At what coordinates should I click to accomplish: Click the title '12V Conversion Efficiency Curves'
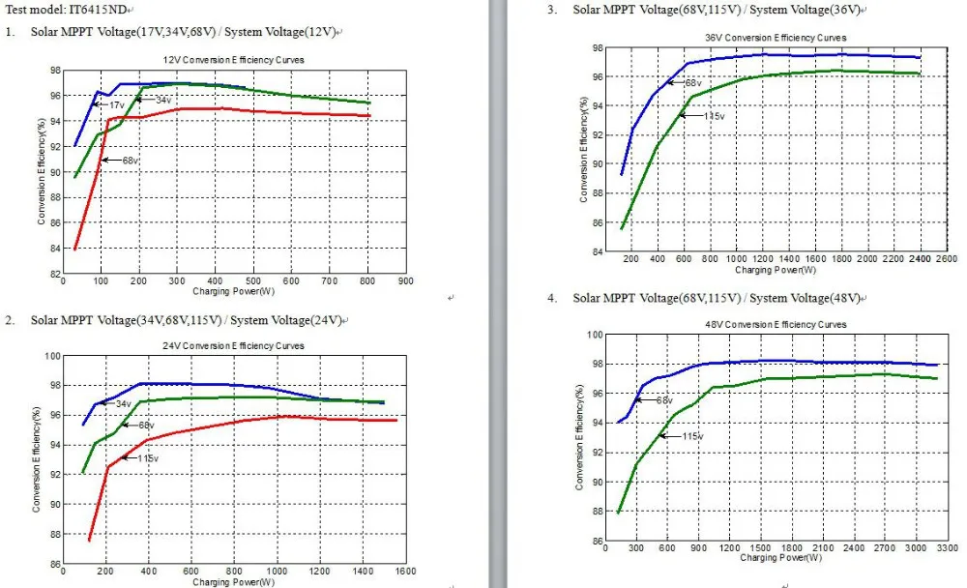[x=234, y=60]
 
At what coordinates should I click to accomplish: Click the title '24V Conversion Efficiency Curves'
[x=234, y=346]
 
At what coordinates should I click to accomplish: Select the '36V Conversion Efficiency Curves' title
[x=776, y=38]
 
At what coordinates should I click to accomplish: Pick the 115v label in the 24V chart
[x=148, y=457]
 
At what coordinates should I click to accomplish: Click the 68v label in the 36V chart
[x=693, y=83]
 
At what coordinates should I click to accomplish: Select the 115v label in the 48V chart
[x=692, y=436]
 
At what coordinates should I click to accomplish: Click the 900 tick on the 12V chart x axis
[x=406, y=281]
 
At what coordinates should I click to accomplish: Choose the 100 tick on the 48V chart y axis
[x=597, y=335]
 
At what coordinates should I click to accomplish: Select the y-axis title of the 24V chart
[x=36, y=459]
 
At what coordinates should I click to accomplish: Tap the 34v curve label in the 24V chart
[x=123, y=403]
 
